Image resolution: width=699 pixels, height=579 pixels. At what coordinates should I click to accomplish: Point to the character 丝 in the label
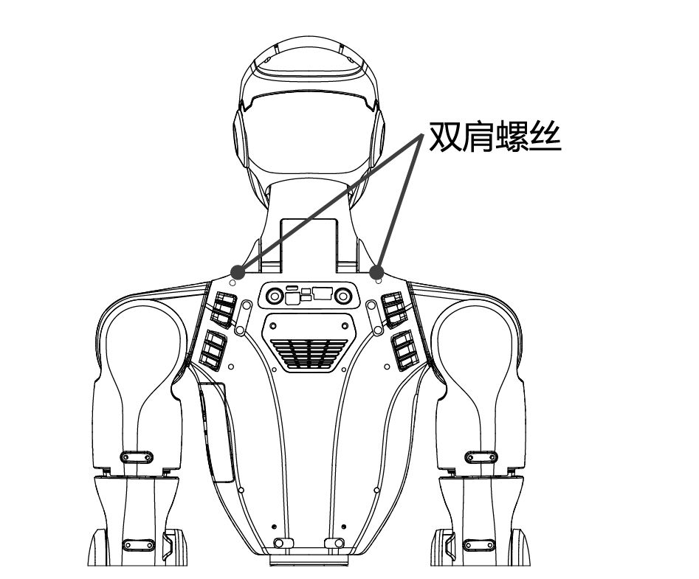[x=544, y=136]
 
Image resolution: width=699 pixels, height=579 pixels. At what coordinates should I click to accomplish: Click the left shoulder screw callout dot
[x=238, y=271]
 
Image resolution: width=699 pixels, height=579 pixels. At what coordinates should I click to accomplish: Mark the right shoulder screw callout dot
[x=377, y=271]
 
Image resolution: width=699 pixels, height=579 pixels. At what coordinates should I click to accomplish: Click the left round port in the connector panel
[x=274, y=295]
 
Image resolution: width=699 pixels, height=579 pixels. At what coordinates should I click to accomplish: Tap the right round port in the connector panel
[x=343, y=295]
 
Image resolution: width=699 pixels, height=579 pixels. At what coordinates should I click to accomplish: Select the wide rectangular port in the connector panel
[x=322, y=294]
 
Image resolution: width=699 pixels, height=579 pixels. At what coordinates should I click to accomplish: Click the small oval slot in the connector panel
[x=292, y=288]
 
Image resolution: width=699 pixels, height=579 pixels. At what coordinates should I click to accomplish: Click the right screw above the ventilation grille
[x=345, y=327]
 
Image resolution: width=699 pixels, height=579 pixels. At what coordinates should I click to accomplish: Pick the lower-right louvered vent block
[x=404, y=350]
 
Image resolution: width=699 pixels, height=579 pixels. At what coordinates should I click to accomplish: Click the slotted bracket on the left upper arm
[x=137, y=457]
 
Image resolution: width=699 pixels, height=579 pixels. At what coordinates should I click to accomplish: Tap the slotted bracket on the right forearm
[x=480, y=545]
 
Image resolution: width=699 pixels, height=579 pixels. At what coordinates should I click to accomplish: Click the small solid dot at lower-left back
[x=274, y=527]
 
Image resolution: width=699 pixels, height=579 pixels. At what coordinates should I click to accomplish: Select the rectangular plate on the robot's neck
[x=309, y=244]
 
